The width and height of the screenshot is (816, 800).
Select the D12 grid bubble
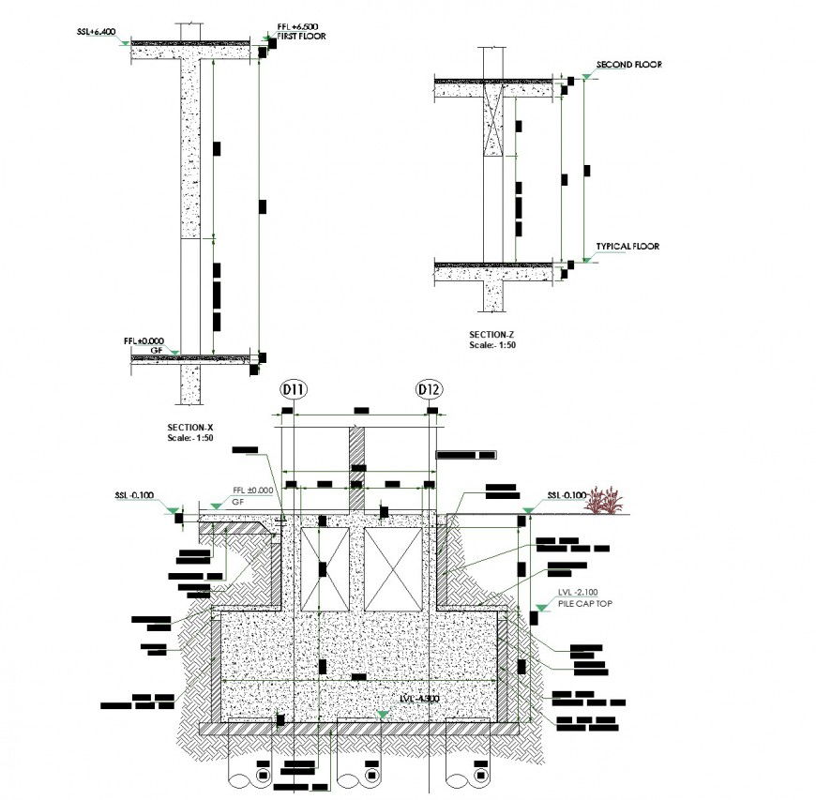(x=430, y=390)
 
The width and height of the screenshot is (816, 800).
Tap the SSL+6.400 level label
(x=97, y=32)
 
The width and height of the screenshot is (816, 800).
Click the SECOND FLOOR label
(x=628, y=65)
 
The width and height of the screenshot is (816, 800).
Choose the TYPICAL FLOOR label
(x=627, y=247)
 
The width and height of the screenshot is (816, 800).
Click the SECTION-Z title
(x=492, y=335)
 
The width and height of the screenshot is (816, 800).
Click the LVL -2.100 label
(x=577, y=593)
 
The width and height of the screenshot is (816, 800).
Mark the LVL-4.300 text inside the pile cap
(x=418, y=700)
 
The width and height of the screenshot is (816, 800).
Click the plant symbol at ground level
(x=605, y=501)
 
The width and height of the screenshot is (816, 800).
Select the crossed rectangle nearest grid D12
(x=394, y=569)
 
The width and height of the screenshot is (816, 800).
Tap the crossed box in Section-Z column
(x=493, y=125)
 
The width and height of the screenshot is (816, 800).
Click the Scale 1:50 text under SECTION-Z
(x=492, y=345)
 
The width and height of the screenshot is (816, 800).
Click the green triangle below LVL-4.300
(x=382, y=715)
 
